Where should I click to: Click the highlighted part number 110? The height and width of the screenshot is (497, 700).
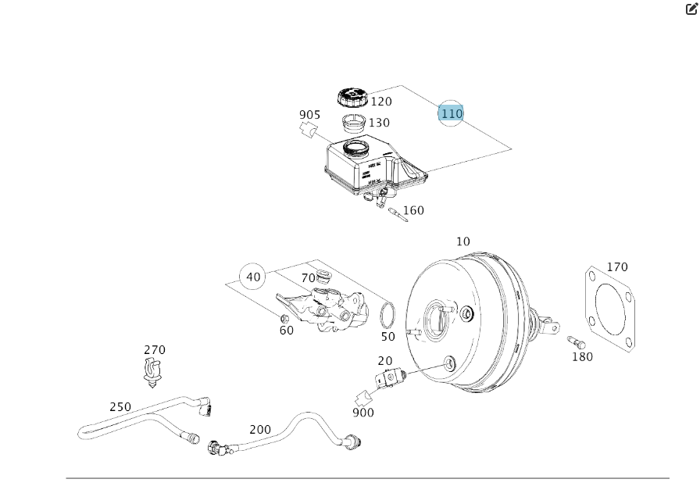click(x=451, y=113)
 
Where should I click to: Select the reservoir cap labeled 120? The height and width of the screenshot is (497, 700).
click(x=352, y=98)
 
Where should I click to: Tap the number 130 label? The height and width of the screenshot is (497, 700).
click(x=380, y=123)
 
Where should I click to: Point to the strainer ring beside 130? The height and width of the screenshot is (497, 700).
click(x=355, y=123)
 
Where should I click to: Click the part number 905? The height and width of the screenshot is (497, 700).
click(x=310, y=115)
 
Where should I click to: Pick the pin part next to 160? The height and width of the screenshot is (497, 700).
click(x=397, y=212)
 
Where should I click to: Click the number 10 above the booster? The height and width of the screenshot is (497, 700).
click(x=463, y=241)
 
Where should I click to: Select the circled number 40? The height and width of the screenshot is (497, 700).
click(x=253, y=277)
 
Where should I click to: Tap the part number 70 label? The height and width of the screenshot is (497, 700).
click(x=308, y=277)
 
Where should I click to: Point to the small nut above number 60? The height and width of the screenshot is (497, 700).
click(x=285, y=318)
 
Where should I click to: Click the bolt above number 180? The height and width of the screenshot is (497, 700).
click(x=576, y=341)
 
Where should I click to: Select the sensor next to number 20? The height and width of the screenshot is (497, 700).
click(x=387, y=378)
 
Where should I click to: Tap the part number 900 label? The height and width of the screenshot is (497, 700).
click(x=363, y=413)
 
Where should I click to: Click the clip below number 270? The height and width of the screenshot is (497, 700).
click(x=153, y=372)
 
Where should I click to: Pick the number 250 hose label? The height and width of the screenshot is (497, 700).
click(x=120, y=407)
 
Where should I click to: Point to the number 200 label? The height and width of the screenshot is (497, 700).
click(x=260, y=429)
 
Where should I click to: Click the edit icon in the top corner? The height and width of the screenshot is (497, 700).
click(x=691, y=9)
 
